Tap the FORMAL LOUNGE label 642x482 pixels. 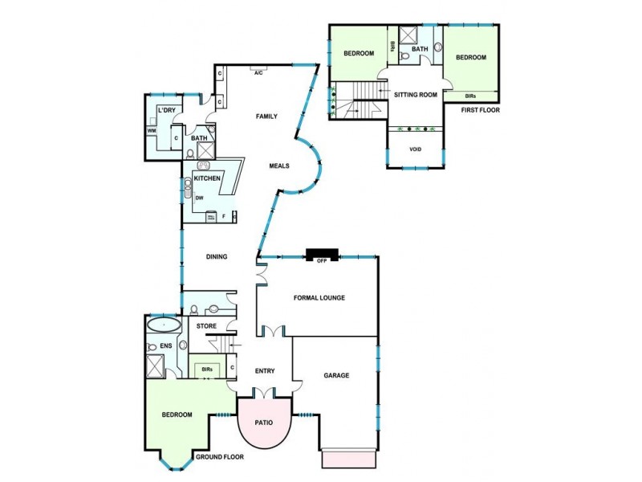[319, 298]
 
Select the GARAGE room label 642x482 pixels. [335, 375]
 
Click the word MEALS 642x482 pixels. [279, 166]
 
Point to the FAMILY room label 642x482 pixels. [266, 116]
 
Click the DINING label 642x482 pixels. [217, 257]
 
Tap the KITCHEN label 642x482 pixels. [207, 177]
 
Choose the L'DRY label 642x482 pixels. [167, 110]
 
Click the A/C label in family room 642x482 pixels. [258, 73]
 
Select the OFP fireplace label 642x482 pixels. [321, 261]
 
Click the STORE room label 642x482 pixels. [206, 326]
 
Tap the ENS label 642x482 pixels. [166, 345]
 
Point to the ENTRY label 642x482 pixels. [265, 371]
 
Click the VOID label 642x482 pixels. [415, 149]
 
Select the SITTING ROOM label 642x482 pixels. [415, 95]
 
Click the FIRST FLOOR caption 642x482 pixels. [481, 110]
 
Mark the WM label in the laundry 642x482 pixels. [152, 131]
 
